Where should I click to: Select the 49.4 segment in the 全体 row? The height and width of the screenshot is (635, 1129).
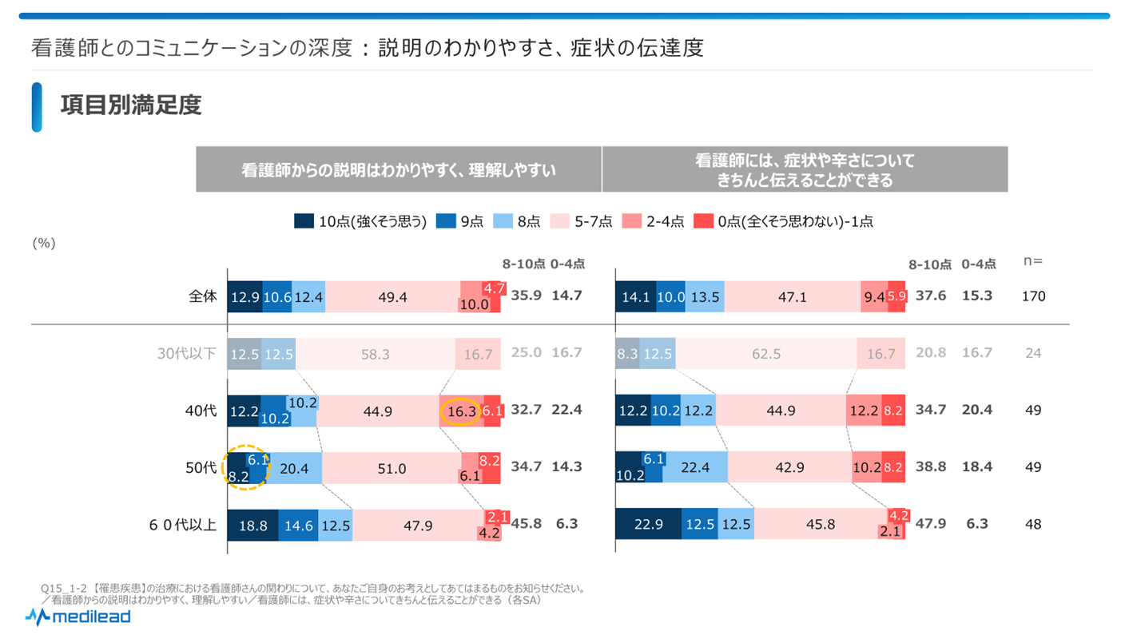click(392, 296)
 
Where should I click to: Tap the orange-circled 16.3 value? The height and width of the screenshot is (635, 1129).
click(462, 411)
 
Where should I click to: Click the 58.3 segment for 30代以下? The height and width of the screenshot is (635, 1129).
click(375, 354)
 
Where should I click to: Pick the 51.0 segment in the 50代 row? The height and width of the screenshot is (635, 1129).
click(392, 468)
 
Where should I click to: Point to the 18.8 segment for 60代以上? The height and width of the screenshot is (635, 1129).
click(252, 526)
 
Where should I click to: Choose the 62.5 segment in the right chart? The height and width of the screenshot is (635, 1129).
click(765, 354)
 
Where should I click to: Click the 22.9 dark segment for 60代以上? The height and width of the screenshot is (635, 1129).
click(648, 526)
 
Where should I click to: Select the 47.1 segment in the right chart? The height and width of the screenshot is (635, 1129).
click(792, 296)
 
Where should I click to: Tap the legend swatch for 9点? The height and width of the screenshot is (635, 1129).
click(445, 222)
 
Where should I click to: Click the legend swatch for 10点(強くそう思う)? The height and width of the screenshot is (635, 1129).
click(304, 222)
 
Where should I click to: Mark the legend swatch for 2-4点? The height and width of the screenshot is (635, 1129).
click(631, 222)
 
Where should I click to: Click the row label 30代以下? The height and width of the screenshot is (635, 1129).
click(186, 353)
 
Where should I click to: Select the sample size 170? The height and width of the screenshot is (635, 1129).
click(1033, 296)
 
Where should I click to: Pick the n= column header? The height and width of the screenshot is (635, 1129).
click(1033, 261)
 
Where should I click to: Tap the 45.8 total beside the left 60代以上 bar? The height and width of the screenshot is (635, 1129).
click(526, 525)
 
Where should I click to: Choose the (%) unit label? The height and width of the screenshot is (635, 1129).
click(43, 244)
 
